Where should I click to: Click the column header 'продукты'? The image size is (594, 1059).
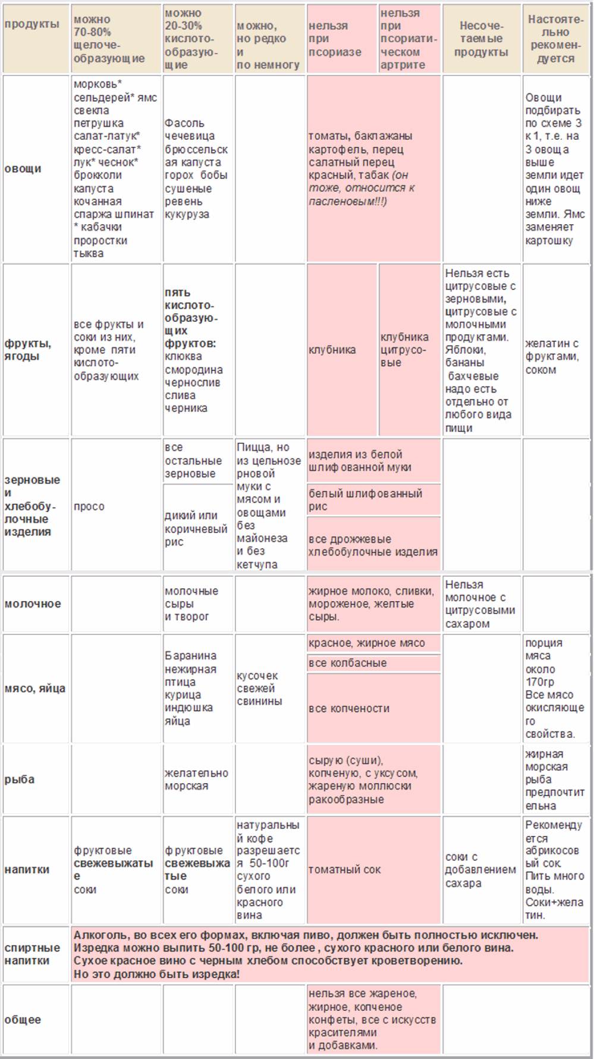point(32,25)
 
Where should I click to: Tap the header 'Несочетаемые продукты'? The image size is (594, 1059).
point(481,39)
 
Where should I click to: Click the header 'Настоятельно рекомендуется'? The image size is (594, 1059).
point(555,39)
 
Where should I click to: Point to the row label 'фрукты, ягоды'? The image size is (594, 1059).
point(28,350)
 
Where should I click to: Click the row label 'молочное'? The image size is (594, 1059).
point(33,604)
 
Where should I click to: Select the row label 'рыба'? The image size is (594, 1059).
point(20,779)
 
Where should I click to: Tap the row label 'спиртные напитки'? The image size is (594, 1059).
point(32,954)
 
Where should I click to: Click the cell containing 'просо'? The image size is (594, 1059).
point(89,506)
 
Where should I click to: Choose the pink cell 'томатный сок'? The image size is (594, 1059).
point(345,869)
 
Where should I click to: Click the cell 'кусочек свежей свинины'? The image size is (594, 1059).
point(259,688)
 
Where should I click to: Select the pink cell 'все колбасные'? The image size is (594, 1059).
point(348,663)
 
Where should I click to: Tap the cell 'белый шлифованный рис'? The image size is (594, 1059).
point(365,499)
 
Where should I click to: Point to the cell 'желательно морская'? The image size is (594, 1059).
point(196,779)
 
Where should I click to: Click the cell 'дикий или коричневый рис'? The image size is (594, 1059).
point(196,528)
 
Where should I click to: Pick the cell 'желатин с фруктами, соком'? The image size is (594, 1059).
point(552,356)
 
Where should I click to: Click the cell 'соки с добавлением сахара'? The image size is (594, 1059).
point(480,869)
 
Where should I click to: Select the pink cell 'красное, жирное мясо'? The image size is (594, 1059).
point(367,643)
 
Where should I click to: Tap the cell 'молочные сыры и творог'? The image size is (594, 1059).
point(191,604)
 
